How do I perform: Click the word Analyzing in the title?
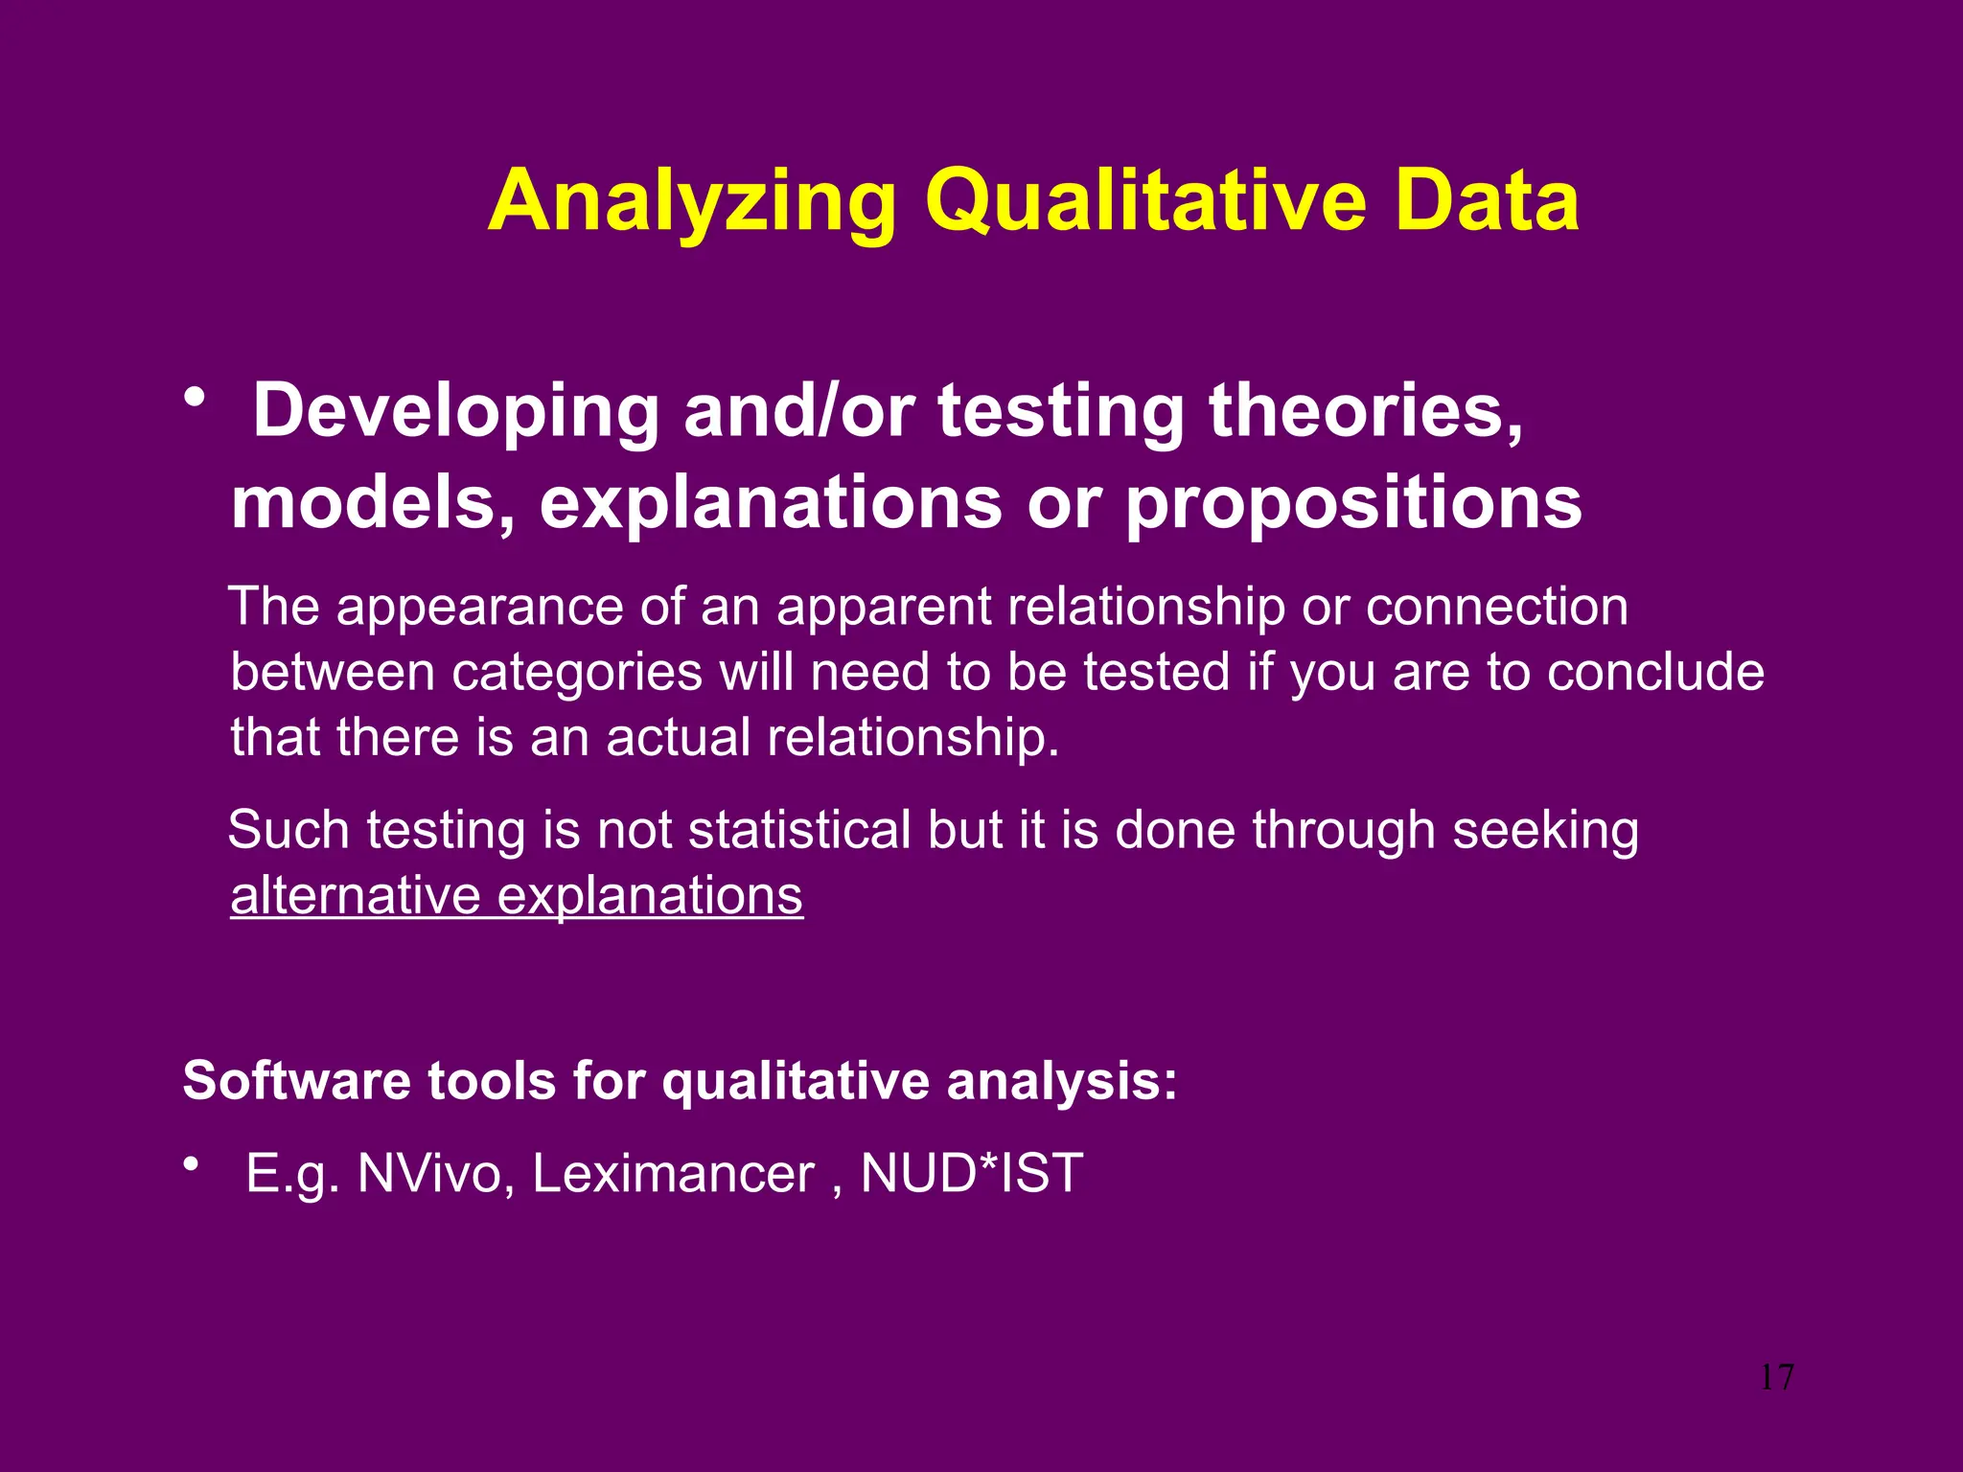pyautogui.click(x=692, y=203)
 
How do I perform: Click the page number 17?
pyautogui.click(x=1776, y=1378)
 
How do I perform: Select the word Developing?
pyautogui.click(x=455, y=412)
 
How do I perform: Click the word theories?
pyautogui.click(x=1366, y=410)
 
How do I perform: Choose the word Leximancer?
pyautogui.click(x=673, y=1174)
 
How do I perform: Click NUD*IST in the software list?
pyautogui.click(x=971, y=1174)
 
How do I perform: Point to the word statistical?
pyautogui.click(x=799, y=830)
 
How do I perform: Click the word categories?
pyautogui.click(x=577, y=673)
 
